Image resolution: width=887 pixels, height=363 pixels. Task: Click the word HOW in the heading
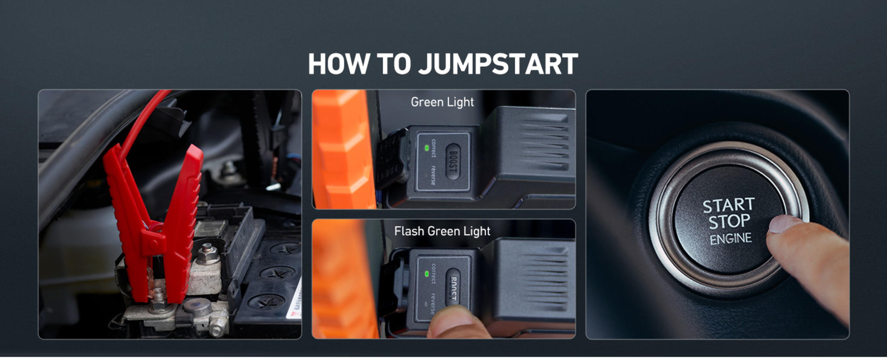coord(338,64)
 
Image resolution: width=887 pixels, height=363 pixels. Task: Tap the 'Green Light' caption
coord(442,102)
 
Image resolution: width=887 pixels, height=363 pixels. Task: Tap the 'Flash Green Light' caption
coord(442,231)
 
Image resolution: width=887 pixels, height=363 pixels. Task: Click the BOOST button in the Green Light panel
coord(453,161)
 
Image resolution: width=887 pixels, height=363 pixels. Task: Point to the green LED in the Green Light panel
coord(427,148)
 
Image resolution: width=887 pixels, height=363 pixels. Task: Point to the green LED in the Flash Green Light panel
coord(427,274)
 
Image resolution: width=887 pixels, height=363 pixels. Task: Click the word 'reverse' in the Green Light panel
coord(433,175)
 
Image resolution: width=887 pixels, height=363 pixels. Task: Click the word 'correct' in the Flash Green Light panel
coord(433,273)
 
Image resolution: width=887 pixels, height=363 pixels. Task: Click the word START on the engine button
coord(728,205)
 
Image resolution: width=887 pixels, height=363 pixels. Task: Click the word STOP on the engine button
coord(729,222)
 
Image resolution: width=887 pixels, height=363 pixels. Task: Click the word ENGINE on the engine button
coord(731,238)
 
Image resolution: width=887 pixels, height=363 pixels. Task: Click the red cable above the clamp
coord(143,117)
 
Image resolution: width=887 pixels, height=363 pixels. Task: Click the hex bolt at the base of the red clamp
coord(158,299)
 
